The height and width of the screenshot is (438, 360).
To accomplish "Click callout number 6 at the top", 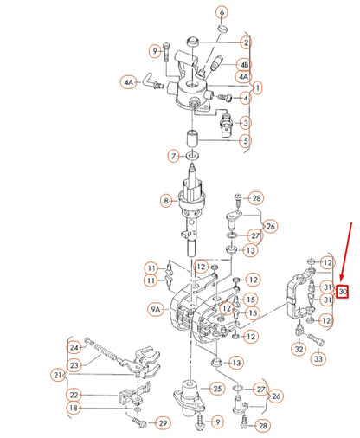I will [222, 13].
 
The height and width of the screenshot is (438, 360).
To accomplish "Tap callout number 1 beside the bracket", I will [257, 87].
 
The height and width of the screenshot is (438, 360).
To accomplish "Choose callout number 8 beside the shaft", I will [166, 201].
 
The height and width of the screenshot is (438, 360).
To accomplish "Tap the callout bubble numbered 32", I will [298, 349].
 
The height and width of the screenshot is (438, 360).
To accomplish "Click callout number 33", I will [319, 357].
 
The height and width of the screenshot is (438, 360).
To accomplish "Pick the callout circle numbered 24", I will [74, 348].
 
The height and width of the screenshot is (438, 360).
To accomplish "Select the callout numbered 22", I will [74, 395].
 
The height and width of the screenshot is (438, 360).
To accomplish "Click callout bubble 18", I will [74, 408].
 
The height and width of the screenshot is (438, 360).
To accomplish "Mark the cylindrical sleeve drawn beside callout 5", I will [193, 138].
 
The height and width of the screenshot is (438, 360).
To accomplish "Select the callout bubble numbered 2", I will [246, 42].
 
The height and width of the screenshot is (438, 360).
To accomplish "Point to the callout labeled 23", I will [74, 366].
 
